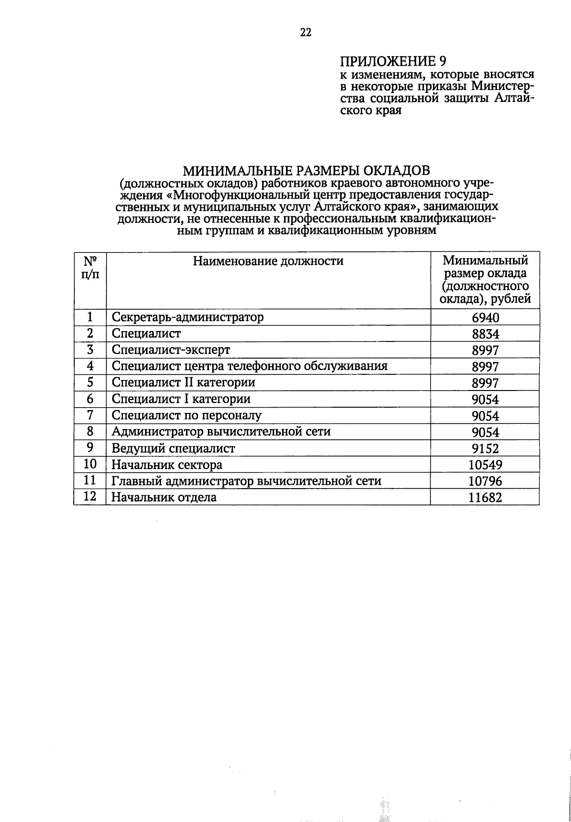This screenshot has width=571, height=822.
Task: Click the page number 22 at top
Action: tap(305, 32)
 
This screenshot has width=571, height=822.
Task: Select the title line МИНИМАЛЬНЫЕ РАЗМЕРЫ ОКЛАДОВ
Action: tap(306, 170)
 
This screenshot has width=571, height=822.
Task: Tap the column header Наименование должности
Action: tap(268, 261)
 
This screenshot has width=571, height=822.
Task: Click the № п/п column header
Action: tap(90, 268)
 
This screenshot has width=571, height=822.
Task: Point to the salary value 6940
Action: tap(485, 318)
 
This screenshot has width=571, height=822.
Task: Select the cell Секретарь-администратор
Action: tap(187, 317)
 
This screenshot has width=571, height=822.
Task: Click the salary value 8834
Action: tap(485, 334)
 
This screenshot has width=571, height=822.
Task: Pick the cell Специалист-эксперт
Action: tap(170, 350)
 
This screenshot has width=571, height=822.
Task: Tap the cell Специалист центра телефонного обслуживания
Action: tap(249, 366)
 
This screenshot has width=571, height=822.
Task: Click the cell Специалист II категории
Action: tap(183, 382)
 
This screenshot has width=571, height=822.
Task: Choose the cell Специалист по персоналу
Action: tap(186, 415)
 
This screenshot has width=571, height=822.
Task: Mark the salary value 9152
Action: tap(485, 448)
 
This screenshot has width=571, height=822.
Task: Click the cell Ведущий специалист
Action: tap(173, 448)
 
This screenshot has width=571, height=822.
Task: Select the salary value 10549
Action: tap(485, 464)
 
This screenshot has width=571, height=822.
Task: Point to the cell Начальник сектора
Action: tap(167, 464)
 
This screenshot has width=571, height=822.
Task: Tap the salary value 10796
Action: tap(485, 481)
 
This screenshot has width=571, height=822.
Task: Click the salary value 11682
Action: tap(485, 497)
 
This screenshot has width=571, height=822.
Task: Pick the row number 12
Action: tap(90, 497)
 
